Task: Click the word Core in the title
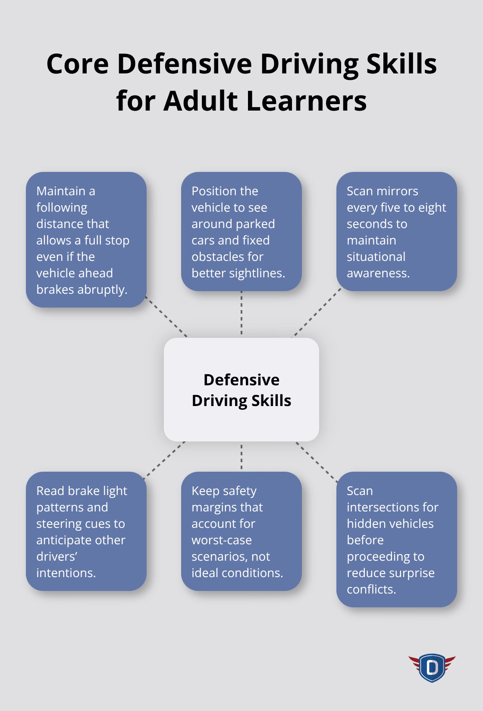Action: tap(77, 64)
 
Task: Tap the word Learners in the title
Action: tap(307, 101)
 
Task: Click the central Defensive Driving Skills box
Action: tap(241, 390)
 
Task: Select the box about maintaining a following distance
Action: tap(86, 240)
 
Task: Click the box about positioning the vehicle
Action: tap(241, 232)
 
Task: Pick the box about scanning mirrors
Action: tap(396, 232)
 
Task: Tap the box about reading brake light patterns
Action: tap(86, 531)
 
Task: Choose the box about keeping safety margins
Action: tap(241, 531)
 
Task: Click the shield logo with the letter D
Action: tap(432, 668)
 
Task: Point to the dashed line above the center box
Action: tap(241, 314)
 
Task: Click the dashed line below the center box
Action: tap(241, 456)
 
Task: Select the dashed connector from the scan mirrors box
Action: tap(317, 313)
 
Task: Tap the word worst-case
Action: tap(222, 540)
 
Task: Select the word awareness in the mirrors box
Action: tap(378, 273)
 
